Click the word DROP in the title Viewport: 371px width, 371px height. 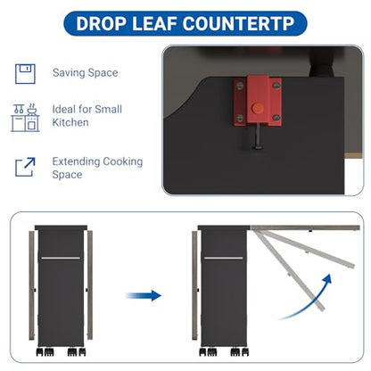[101, 23]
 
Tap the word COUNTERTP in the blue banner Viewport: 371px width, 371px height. [238, 23]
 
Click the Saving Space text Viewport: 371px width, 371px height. [85, 73]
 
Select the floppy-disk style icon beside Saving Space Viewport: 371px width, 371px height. [25, 74]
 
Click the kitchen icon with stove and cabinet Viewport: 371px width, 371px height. [25, 118]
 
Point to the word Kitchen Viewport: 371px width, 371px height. [70, 122]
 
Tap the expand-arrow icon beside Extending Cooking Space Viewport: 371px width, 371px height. [25, 167]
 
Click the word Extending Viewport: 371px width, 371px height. [76, 161]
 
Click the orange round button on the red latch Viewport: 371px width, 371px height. [258, 108]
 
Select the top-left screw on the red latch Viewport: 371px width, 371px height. [240, 87]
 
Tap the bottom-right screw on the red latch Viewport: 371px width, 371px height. [276, 118]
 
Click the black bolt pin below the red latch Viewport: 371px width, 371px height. [257, 136]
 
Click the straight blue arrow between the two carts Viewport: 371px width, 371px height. [144, 296]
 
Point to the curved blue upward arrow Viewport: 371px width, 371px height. [311, 301]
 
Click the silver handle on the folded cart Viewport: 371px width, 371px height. [61, 258]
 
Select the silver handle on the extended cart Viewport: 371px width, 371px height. [224, 258]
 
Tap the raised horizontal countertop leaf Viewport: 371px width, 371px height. [305, 228]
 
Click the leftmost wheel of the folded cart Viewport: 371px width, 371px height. [39, 352]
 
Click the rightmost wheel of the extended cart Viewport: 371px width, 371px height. [245, 352]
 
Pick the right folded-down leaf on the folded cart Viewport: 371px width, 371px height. [90, 284]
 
